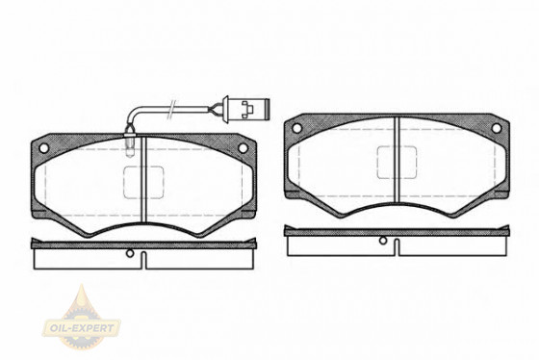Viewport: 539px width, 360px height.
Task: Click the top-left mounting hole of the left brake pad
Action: coord(43,148)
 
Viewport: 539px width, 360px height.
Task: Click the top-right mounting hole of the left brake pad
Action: coord(243,148)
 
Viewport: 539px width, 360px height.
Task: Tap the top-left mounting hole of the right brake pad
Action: coord(296,128)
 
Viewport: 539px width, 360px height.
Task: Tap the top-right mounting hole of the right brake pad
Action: coord(496,128)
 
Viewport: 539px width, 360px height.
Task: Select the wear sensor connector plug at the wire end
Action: coord(246,109)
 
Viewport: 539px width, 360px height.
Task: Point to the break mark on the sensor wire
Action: coord(171,110)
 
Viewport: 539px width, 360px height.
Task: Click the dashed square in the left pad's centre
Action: coord(143,182)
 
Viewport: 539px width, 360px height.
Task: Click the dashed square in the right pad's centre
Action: coord(397,163)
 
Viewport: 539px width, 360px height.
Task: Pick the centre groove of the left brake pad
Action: coord(144,180)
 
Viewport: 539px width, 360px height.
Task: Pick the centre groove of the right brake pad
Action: coord(397,160)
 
